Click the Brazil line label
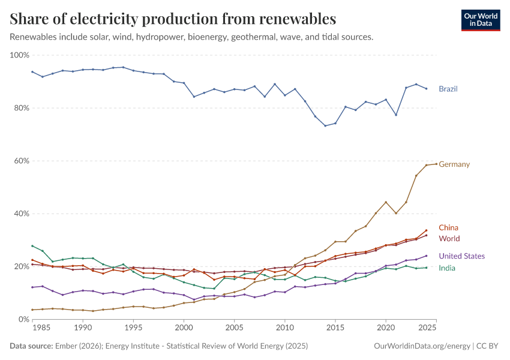(x=448, y=89)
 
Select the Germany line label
(x=454, y=164)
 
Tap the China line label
(x=448, y=227)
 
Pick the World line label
(x=449, y=239)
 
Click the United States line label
(x=461, y=256)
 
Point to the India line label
(x=447, y=268)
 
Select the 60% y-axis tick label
(x=22, y=161)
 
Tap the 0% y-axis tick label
(x=24, y=319)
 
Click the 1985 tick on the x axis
(x=42, y=328)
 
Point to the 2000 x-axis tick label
(x=184, y=328)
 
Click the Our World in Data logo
(x=480, y=20)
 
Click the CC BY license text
(x=489, y=346)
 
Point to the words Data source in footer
(x=32, y=346)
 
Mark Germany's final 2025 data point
(x=436, y=164)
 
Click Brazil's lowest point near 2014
(x=325, y=125)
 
